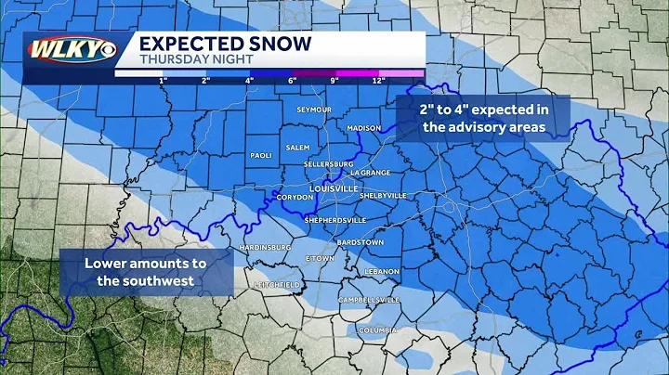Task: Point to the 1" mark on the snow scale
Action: coord(163,80)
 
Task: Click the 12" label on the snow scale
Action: coord(378,80)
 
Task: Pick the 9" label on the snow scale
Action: coord(335,80)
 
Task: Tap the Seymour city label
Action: coord(314,110)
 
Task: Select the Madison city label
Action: coord(364,128)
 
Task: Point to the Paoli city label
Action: coord(259,155)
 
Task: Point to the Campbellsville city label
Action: coord(369,300)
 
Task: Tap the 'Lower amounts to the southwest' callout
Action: coord(146,271)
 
